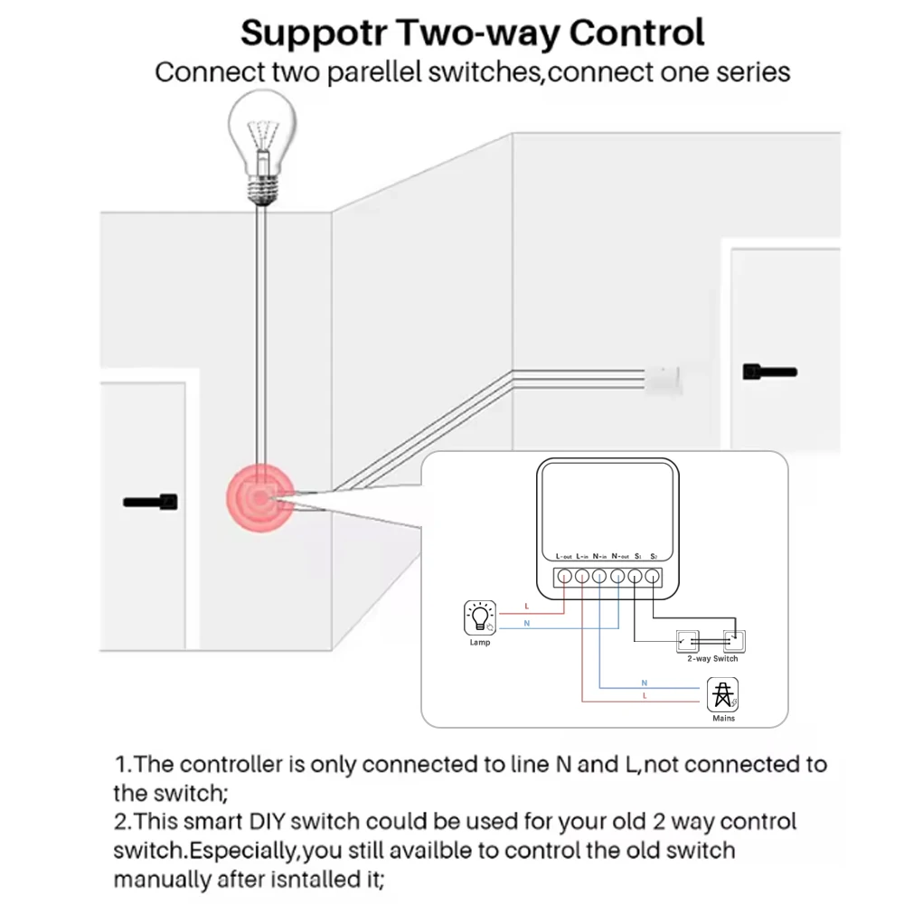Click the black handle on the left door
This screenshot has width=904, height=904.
[x=150, y=501]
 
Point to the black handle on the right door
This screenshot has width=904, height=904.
[x=769, y=371]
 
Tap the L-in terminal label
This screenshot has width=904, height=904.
[x=582, y=556]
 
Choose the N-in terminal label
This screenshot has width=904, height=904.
[x=599, y=556]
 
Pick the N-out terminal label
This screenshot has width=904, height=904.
[x=619, y=556]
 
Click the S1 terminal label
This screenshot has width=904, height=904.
[x=637, y=556]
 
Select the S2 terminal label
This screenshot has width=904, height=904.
[x=654, y=556]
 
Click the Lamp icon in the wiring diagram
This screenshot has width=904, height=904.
[x=479, y=617]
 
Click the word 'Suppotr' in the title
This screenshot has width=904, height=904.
[x=313, y=34]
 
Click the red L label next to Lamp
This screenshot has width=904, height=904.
[x=526, y=605]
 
